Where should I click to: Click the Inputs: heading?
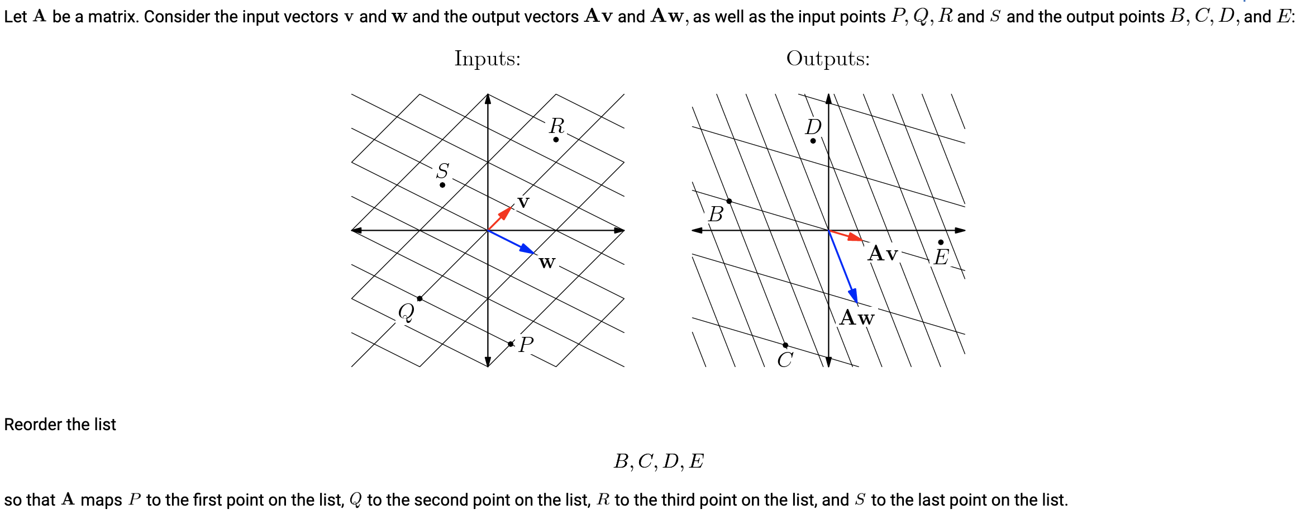(x=487, y=59)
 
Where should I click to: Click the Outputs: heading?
(x=827, y=59)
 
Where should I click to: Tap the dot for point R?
(x=556, y=140)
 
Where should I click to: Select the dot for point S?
(x=442, y=185)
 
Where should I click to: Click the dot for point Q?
(x=420, y=299)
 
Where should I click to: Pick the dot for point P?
(x=511, y=344)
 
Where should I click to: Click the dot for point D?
(x=813, y=141)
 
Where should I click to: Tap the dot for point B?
(x=729, y=201)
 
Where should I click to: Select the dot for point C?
(x=785, y=345)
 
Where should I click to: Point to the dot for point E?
(x=941, y=242)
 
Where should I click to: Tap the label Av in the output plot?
(x=883, y=254)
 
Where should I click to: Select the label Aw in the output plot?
(x=857, y=318)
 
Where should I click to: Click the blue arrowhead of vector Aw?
(x=854, y=297)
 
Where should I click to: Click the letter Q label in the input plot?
(x=406, y=312)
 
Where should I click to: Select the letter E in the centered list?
(x=696, y=461)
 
